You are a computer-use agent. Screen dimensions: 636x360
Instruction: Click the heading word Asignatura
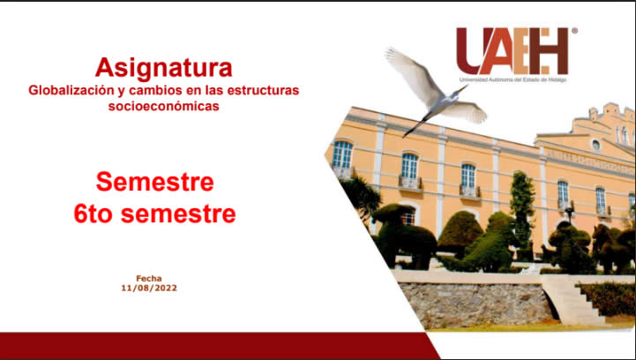click(164, 68)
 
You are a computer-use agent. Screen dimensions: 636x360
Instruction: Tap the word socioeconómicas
click(163, 106)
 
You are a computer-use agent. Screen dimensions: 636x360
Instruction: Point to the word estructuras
click(263, 90)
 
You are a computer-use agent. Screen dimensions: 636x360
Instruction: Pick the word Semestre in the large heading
click(155, 182)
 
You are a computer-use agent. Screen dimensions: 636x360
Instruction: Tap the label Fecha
click(149, 279)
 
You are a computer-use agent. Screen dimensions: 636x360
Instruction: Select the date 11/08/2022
click(149, 289)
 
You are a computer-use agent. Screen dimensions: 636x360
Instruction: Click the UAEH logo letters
click(513, 50)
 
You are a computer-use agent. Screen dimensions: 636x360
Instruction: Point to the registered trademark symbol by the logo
click(574, 30)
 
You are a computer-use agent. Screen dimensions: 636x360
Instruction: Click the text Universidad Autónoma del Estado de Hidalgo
click(513, 80)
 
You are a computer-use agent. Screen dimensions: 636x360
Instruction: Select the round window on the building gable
click(595, 145)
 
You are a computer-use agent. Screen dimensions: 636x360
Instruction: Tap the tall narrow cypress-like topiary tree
click(522, 211)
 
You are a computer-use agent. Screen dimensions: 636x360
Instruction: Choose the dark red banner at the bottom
click(219, 346)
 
